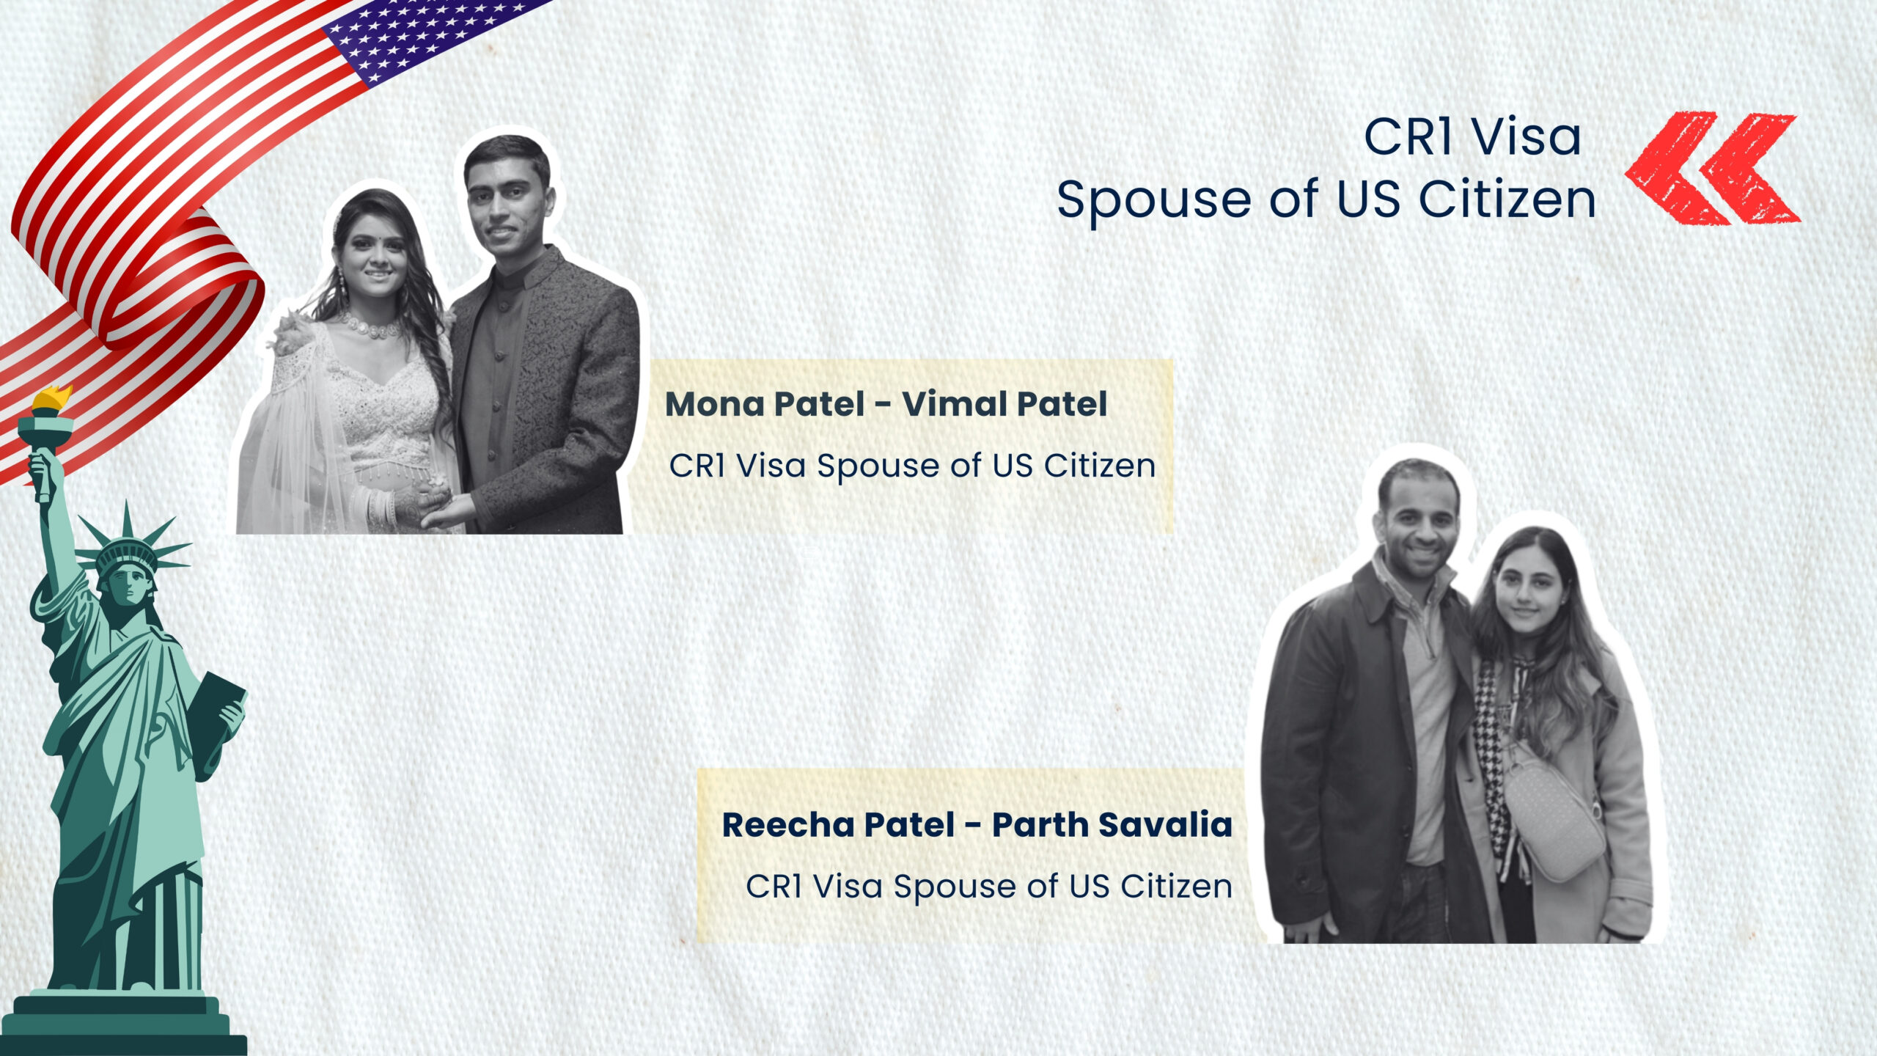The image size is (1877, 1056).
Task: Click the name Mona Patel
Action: click(765, 404)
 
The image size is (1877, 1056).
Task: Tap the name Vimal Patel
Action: click(1004, 404)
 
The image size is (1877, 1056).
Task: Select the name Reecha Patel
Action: click(839, 825)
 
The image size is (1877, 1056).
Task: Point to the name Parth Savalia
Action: click(1112, 825)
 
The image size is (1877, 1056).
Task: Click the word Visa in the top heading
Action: click(1527, 137)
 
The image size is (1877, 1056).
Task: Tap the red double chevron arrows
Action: click(1712, 169)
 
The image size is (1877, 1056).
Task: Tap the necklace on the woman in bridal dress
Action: click(372, 325)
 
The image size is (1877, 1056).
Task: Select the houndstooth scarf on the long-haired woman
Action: click(1496, 755)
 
